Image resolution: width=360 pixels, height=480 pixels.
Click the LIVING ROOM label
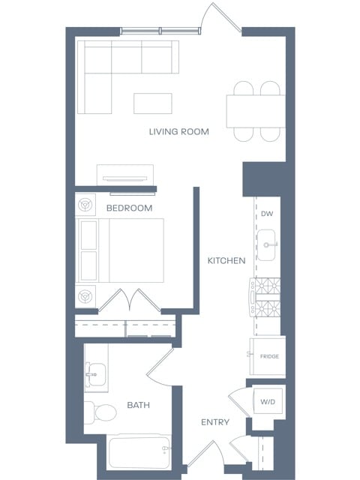pyautogui.click(x=178, y=132)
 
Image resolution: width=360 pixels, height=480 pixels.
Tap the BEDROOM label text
pyautogui.click(x=129, y=208)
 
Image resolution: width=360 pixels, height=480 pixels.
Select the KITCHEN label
pyautogui.click(x=226, y=261)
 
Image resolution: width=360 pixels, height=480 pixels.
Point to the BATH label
pyautogui.click(x=138, y=405)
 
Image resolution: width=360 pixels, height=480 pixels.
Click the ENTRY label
pyautogui.click(x=215, y=423)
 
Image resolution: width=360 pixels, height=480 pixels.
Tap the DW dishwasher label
pyautogui.click(x=267, y=214)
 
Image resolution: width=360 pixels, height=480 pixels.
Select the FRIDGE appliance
pyautogui.click(x=268, y=356)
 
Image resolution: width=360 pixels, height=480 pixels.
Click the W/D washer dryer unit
pyautogui.click(x=267, y=403)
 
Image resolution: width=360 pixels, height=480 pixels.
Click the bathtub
pyautogui.click(x=139, y=452)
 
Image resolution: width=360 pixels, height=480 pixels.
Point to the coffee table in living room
pyautogui.click(x=152, y=102)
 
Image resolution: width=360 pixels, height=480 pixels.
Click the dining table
pyautogui.click(x=256, y=111)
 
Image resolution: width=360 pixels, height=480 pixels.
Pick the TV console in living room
pyautogui.click(x=125, y=174)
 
